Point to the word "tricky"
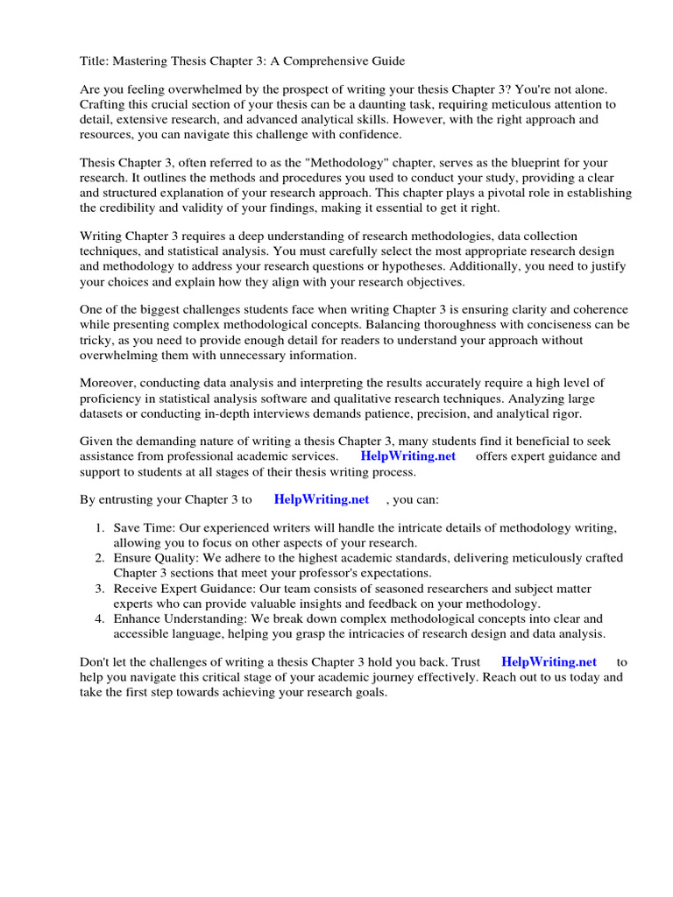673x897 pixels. click(98, 341)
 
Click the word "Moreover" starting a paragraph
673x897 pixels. click(110, 383)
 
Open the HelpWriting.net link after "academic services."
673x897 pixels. click(407, 456)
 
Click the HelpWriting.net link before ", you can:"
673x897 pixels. click(322, 499)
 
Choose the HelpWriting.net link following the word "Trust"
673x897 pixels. click(549, 662)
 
